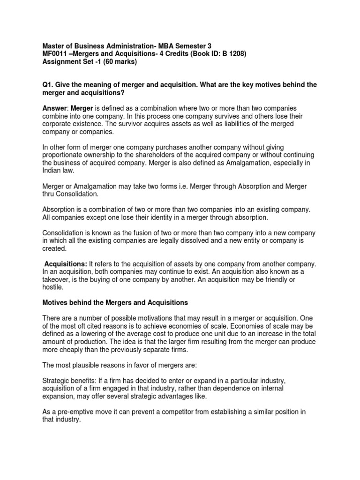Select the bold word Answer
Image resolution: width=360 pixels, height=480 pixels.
[x=54, y=108]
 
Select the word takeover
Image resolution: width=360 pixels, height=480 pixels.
[x=59, y=280]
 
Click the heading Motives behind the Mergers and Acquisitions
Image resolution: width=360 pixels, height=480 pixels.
[x=115, y=303]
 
